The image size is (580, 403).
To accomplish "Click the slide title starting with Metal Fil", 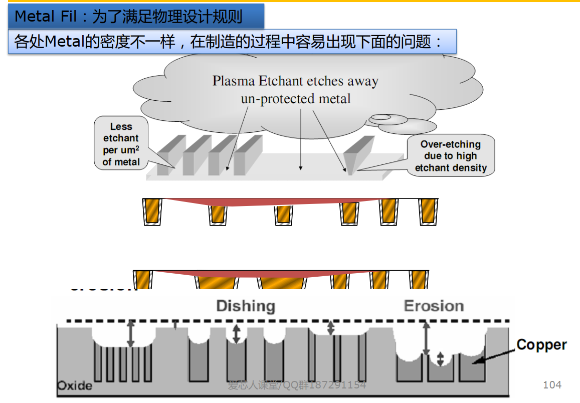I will pyautogui.click(x=128, y=17).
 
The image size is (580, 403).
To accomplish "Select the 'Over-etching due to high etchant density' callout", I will pyautogui.click(x=451, y=156).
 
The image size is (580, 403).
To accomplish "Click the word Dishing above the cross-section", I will pyautogui.click(x=246, y=306).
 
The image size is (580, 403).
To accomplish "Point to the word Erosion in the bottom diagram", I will pyautogui.click(x=434, y=306).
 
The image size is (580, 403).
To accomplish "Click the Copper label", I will pyautogui.click(x=541, y=345).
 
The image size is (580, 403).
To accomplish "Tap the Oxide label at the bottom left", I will pyautogui.click(x=75, y=385).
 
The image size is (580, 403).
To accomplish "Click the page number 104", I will pyautogui.click(x=552, y=385).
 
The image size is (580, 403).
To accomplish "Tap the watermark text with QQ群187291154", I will pyautogui.click(x=297, y=385).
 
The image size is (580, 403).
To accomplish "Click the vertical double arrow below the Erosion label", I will pyautogui.click(x=426, y=338).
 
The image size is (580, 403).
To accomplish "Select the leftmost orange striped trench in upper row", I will pyautogui.click(x=152, y=211).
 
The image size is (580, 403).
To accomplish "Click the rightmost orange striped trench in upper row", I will pyautogui.click(x=428, y=211).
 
